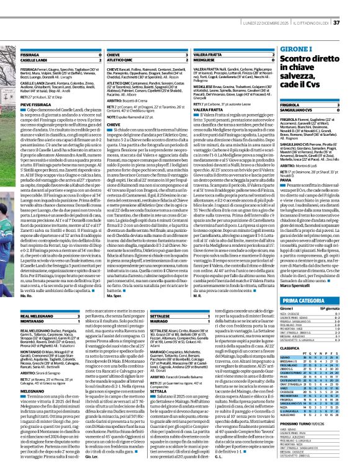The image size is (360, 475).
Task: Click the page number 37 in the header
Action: [354, 6]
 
